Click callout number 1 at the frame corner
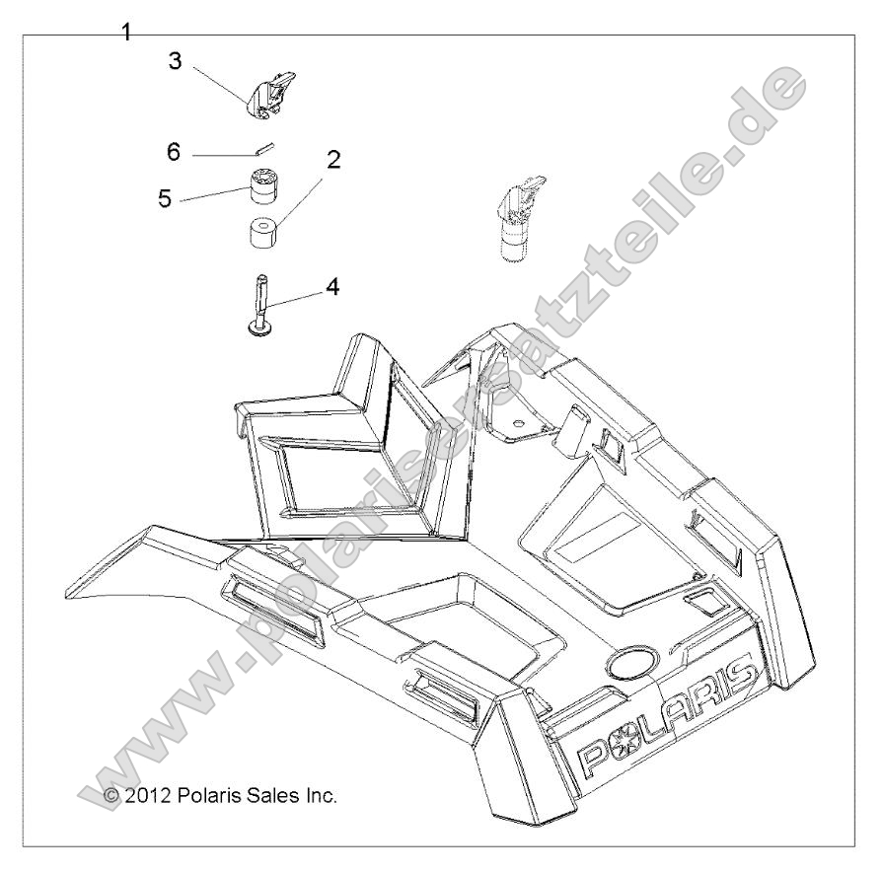coord(126,33)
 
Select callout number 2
coord(334,161)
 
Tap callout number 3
coord(175,61)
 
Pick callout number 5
coord(164,198)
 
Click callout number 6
coord(174,152)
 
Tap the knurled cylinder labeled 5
coord(263,184)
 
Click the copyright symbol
coord(110,794)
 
